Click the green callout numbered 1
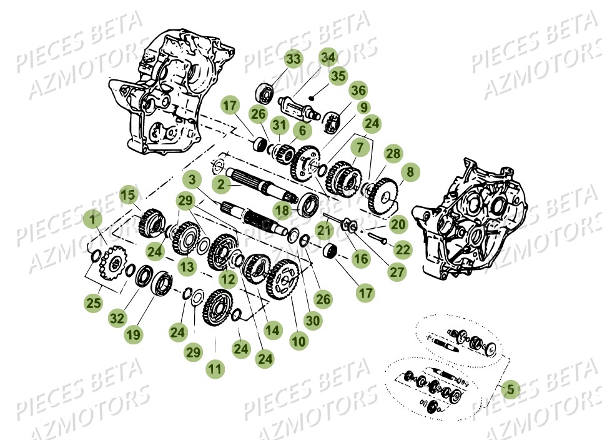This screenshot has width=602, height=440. (92, 219)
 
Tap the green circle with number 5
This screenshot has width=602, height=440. (510, 389)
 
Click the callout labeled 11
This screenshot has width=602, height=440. (215, 369)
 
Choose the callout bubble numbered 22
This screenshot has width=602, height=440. (403, 249)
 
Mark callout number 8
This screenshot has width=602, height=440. (410, 171)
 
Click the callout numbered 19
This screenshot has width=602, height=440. (132, 335)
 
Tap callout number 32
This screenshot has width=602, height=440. (116, 318)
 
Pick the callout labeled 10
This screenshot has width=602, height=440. (299, 341)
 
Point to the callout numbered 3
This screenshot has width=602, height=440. (192, 179)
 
